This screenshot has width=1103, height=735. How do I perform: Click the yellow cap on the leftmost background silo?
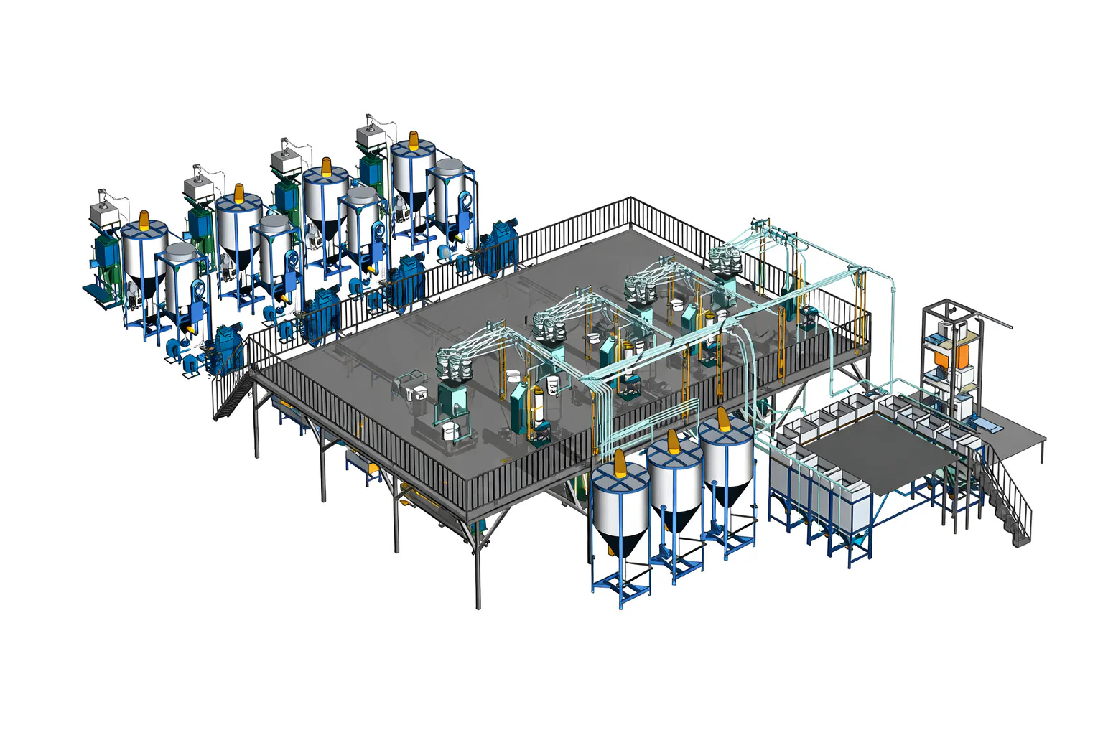[144, 219]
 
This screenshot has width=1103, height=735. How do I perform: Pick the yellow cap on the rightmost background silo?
[414, 139]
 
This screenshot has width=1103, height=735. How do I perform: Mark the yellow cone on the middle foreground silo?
[673, 441]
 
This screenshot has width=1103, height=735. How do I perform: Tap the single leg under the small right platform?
[1042, 452]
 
